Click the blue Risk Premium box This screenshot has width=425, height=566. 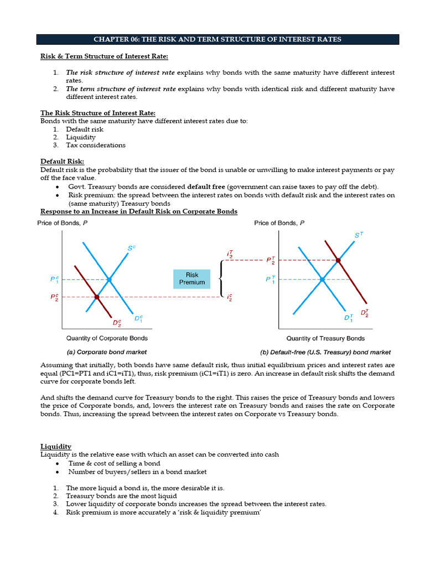click(192, 278)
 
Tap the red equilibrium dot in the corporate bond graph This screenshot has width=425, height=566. click(97, 297)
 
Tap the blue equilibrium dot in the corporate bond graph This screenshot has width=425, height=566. click(109, 280)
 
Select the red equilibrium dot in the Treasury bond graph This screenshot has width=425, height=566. click(338, 260)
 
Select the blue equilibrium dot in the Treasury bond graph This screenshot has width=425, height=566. click(322, 280)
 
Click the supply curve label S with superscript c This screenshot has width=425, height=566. click(131, 249)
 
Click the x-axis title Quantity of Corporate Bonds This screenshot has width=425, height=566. click(107, 338)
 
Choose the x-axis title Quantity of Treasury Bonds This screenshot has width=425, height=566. click(325, 338)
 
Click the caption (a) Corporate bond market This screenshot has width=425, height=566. click(107, 352)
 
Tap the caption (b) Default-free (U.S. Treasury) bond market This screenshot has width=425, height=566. click(325, 352)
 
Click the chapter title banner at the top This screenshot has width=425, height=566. click(217, 39)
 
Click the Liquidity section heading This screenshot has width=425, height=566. click(56, 447)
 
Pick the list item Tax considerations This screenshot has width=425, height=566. click(95, 145)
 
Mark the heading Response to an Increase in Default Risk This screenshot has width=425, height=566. click(139, 211)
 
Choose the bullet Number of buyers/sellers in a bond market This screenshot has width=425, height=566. click(137, 472)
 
